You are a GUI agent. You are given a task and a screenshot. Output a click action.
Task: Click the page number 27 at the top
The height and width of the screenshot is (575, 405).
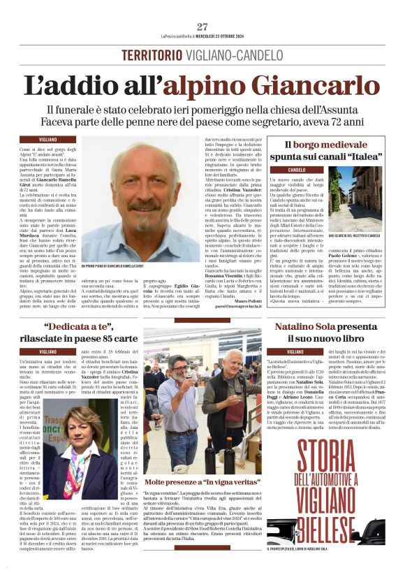pos(202,27)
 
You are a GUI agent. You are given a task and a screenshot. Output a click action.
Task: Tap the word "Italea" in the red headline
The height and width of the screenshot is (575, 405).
pos(358,158)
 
